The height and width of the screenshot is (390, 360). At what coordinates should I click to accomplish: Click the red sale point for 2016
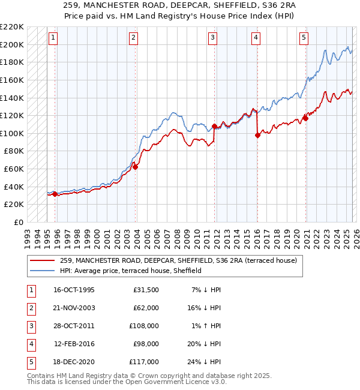(257, 135)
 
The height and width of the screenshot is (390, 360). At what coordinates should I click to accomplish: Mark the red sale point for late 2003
(136, 167)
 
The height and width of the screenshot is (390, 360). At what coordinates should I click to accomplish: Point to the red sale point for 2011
(214, 126)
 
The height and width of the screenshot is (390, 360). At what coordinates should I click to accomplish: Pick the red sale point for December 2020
(305, 118)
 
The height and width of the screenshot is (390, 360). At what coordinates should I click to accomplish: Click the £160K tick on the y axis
(13, 80)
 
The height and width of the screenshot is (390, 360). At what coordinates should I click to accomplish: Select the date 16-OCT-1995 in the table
(73, 290)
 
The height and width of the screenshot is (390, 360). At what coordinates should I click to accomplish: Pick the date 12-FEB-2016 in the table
(73, 344)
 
